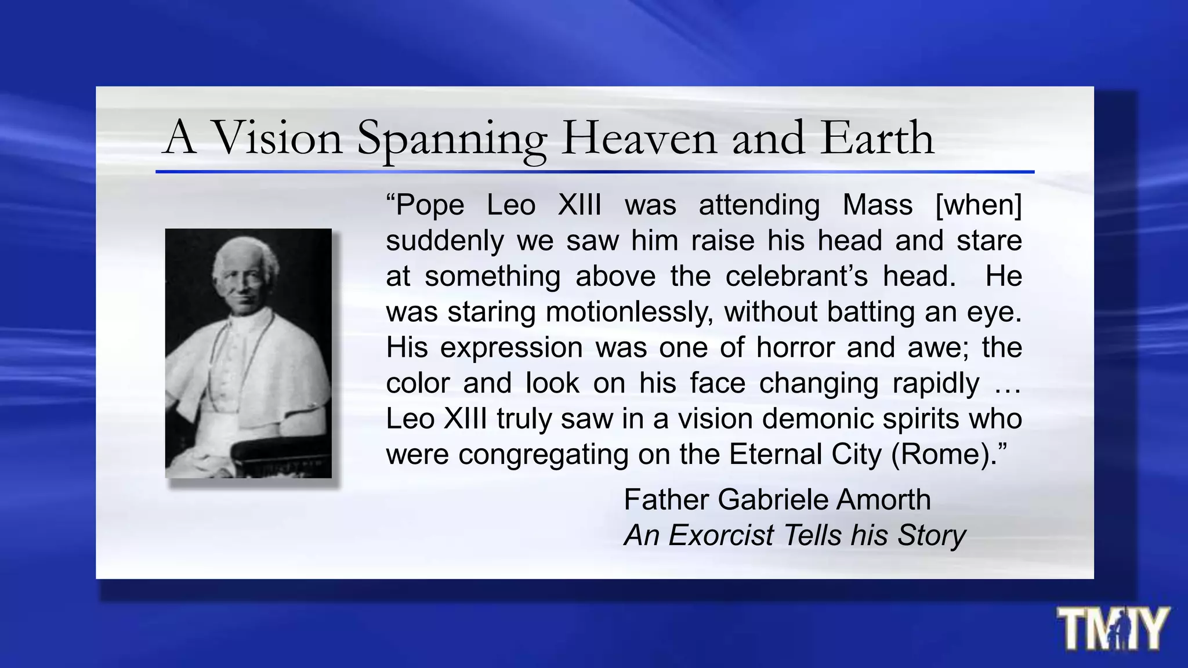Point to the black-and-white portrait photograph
[248, 353]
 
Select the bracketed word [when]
[979, 205]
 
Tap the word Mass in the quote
[877, 205]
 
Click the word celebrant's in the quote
[796, 276]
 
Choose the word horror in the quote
[795, 348]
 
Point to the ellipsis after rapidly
[1007, 384]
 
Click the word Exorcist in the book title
[720, 535]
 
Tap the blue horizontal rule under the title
[595, 172]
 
